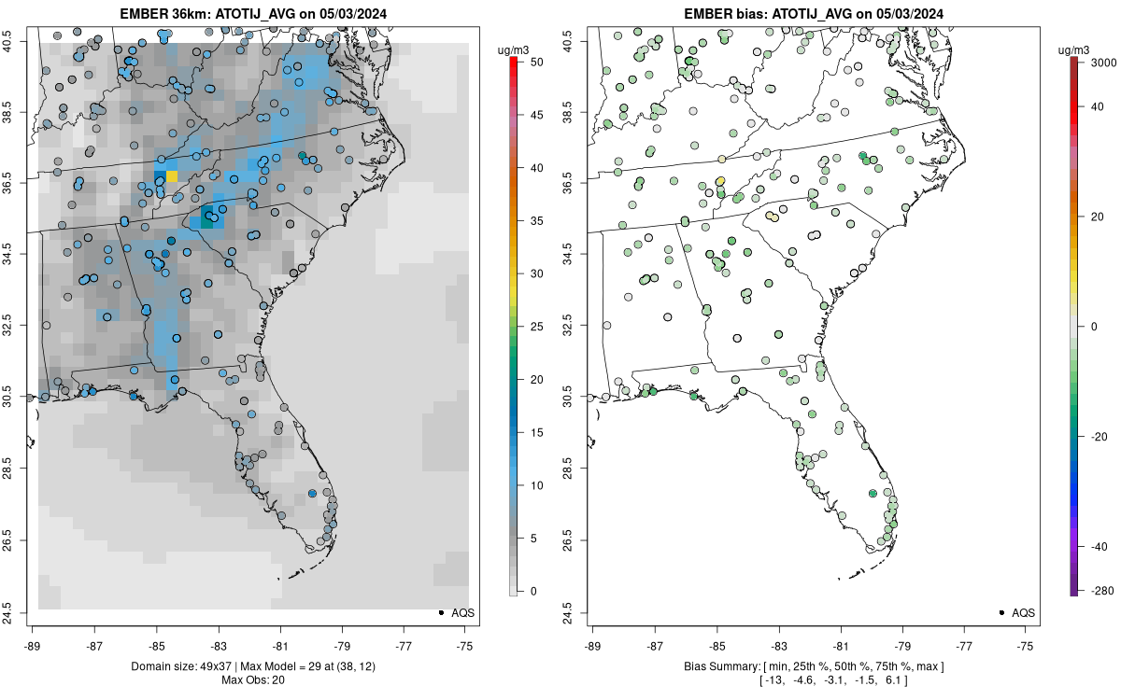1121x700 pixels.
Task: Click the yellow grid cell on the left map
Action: tap(172, 176)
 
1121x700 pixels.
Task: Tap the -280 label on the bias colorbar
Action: tap(1099, 590)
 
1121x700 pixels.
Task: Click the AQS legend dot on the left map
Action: tap(439, 612)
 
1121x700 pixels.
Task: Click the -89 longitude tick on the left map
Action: tap(33, 645)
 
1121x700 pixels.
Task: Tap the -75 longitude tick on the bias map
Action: tap(1026, 645)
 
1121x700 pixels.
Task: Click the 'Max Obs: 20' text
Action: tap(254, 679)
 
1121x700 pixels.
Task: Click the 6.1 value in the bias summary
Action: tap(893, 680)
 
